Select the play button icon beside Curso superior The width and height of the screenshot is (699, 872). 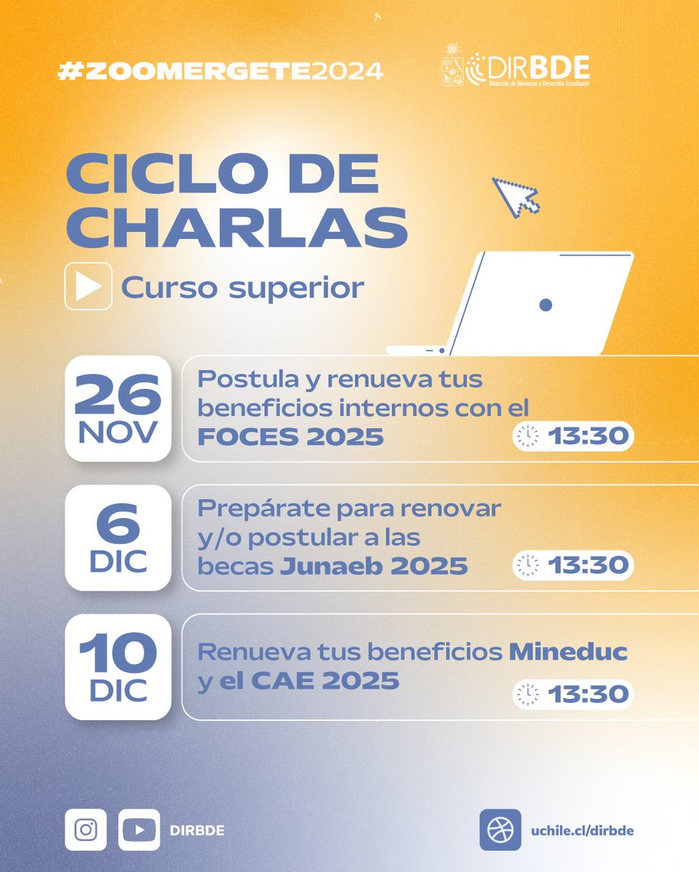[x=88, y=286]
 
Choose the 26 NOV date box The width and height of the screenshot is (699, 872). [x=118, y=408]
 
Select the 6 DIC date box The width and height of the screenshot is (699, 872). [x=118, y=537]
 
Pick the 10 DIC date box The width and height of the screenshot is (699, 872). [x=118, y=666]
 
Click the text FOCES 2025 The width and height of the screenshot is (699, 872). [x=290, y=437]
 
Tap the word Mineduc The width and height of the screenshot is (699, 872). [x=567, y=651]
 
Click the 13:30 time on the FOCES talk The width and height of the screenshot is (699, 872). [x=588, y=436]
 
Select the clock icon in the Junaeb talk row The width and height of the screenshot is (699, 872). [x=527, y=565]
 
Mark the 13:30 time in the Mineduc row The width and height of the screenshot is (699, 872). [x=588, y=694]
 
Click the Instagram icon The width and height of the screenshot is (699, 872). [x=86, y=829]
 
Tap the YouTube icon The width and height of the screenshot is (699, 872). [x=139, y=829]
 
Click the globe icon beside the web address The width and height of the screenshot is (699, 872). [x=500, y=830]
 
